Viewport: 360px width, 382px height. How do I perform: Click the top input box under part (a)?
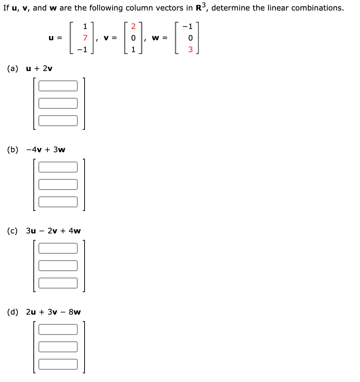coord(58,86)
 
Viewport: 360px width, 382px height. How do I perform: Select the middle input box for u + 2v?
coord(58,103)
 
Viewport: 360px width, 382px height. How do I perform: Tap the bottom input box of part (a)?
coord(58,121)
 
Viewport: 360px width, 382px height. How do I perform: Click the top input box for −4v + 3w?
coord(58,167)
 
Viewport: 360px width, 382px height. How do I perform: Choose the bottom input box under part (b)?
coord(58,202)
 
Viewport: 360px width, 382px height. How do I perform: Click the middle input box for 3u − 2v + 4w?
coord(58,266)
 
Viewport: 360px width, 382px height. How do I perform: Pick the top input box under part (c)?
coord(58,248)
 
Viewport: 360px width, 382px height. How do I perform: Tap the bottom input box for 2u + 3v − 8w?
coord(58,364)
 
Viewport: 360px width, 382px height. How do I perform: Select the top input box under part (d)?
coord(58,329)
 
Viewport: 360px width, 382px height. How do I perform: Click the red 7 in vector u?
coord(85,38)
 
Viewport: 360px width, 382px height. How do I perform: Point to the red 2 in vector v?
coord(133,26)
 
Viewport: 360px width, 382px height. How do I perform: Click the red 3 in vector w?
coord(190,50)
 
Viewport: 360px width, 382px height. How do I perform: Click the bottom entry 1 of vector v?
coord(133,50)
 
